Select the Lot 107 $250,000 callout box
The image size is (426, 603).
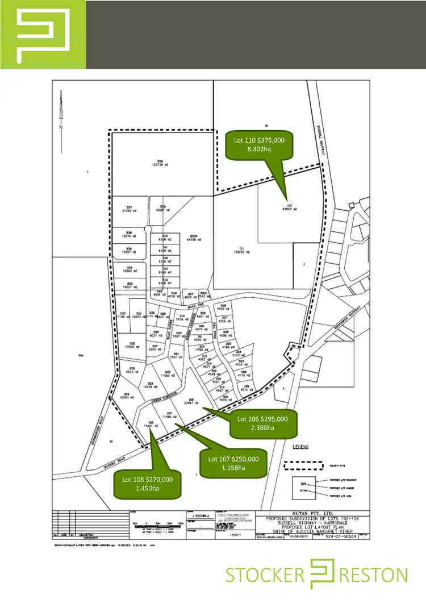[233, 463]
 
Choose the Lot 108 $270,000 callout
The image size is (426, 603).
[148, 483]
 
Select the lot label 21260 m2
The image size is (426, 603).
[130, 209]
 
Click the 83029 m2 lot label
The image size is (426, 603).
[290, 209]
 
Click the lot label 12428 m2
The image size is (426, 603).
[151, 387]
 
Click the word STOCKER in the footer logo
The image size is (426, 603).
[265, 575]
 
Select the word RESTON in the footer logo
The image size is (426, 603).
[375, 575]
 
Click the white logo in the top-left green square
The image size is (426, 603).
[42, 35]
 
